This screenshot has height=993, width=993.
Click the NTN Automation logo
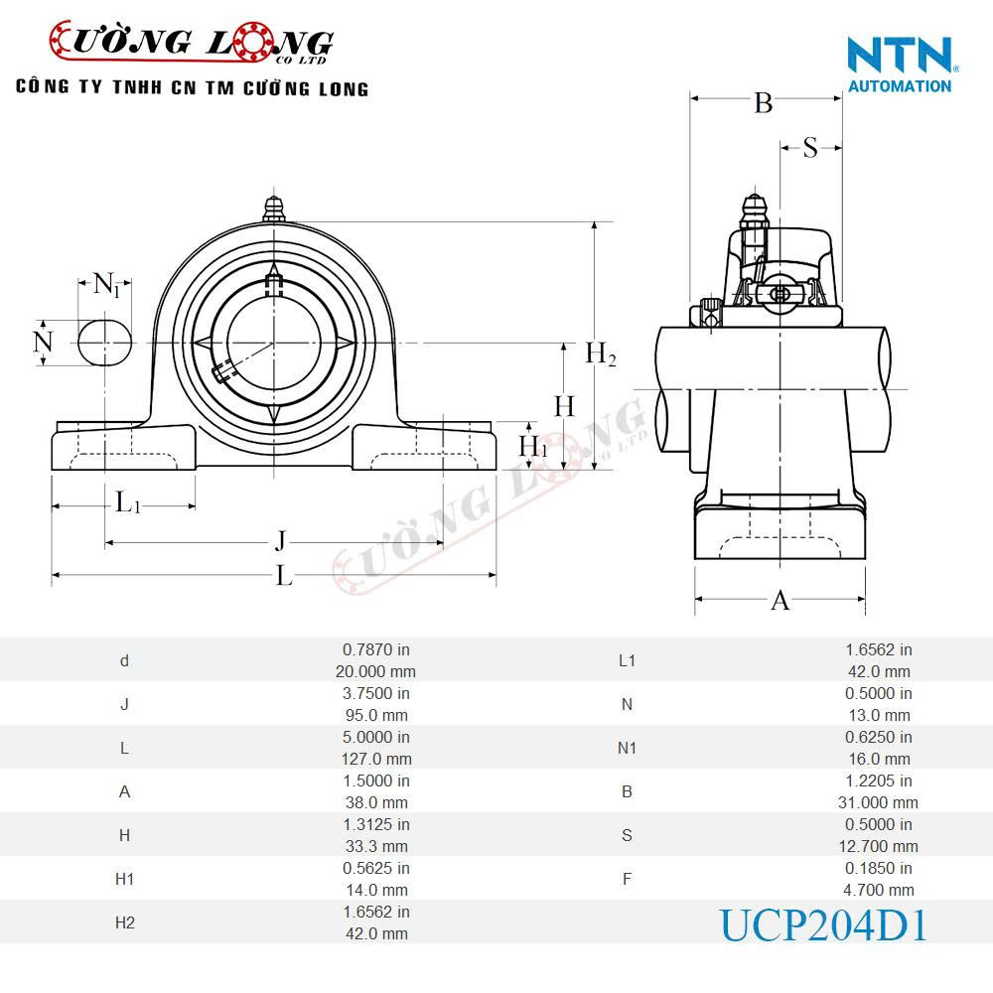point(901,65)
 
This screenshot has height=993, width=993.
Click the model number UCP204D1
point(823,925)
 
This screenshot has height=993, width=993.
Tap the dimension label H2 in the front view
point(600,354)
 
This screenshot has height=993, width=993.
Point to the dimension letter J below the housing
point(281,541)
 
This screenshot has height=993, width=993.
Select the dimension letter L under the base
point(284,575)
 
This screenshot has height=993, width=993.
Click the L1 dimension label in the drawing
point(128,502)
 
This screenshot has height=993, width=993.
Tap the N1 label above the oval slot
point(107,285)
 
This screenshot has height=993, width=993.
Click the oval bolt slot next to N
point(105,342)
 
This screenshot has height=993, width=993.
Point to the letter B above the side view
point(763,102)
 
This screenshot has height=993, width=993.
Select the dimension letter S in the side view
point(810,148)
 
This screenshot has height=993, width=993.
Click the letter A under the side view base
point(780,600)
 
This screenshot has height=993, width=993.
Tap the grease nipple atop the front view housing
point(274,210)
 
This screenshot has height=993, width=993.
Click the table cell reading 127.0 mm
point(375,759)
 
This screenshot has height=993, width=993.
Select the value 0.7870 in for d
point(375,649)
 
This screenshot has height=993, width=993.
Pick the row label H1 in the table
point(124,879)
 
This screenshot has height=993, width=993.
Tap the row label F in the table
point(627,879)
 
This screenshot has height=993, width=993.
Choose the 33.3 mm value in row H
point(375,846)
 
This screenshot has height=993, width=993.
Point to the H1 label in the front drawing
point(533,446)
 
